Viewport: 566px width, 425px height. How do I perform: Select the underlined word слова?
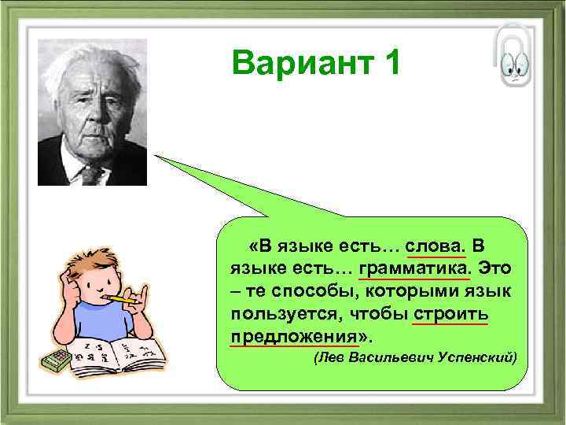[436, 243]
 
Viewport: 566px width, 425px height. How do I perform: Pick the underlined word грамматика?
[413, 268]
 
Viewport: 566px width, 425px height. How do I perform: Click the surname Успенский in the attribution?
[479, 358]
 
